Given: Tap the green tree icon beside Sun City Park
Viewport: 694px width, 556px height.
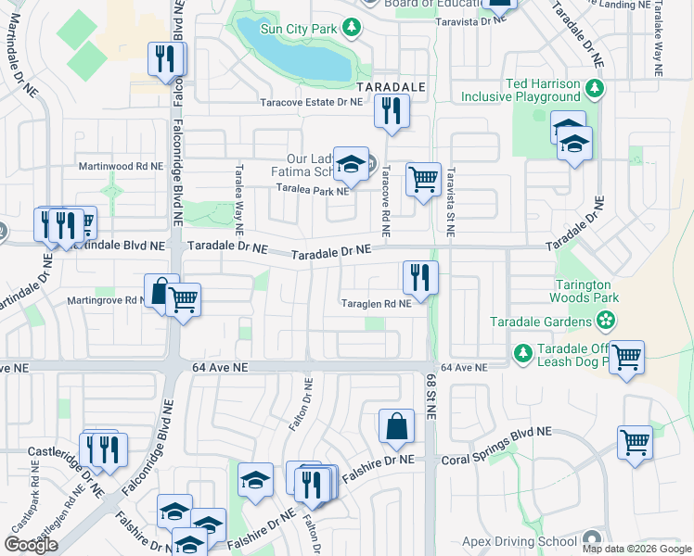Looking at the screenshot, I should pos(352,29).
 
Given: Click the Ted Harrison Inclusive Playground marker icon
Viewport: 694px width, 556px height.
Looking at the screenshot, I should pos(595,90).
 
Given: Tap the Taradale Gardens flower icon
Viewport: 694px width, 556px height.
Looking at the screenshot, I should pos(606,322).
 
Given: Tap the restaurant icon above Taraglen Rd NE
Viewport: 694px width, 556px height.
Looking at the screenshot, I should pos(420,275).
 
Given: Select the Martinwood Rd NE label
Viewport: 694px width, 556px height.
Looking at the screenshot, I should pos(120,165).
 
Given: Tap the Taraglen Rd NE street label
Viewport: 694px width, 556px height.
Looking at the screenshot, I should pos(376,303).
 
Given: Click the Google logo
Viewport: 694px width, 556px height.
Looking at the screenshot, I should pos(31,545).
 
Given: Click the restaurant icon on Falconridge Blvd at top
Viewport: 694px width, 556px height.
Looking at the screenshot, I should pos(167,59).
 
